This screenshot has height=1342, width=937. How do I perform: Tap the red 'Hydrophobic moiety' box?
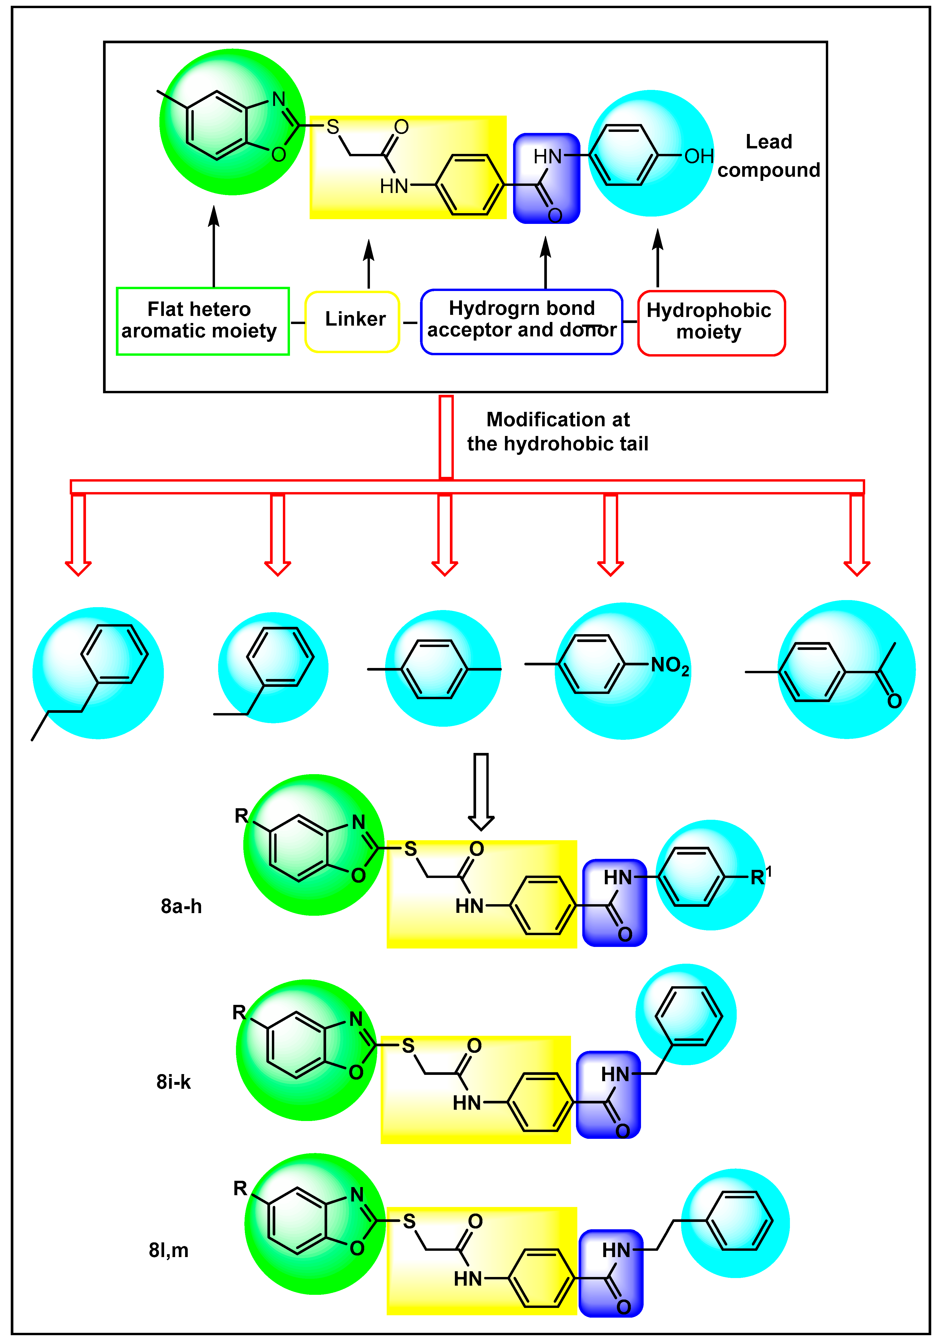coord(711,323)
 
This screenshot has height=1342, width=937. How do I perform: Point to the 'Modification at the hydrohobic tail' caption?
coord(558,431)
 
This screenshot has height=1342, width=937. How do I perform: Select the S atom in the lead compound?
coord(333,127)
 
